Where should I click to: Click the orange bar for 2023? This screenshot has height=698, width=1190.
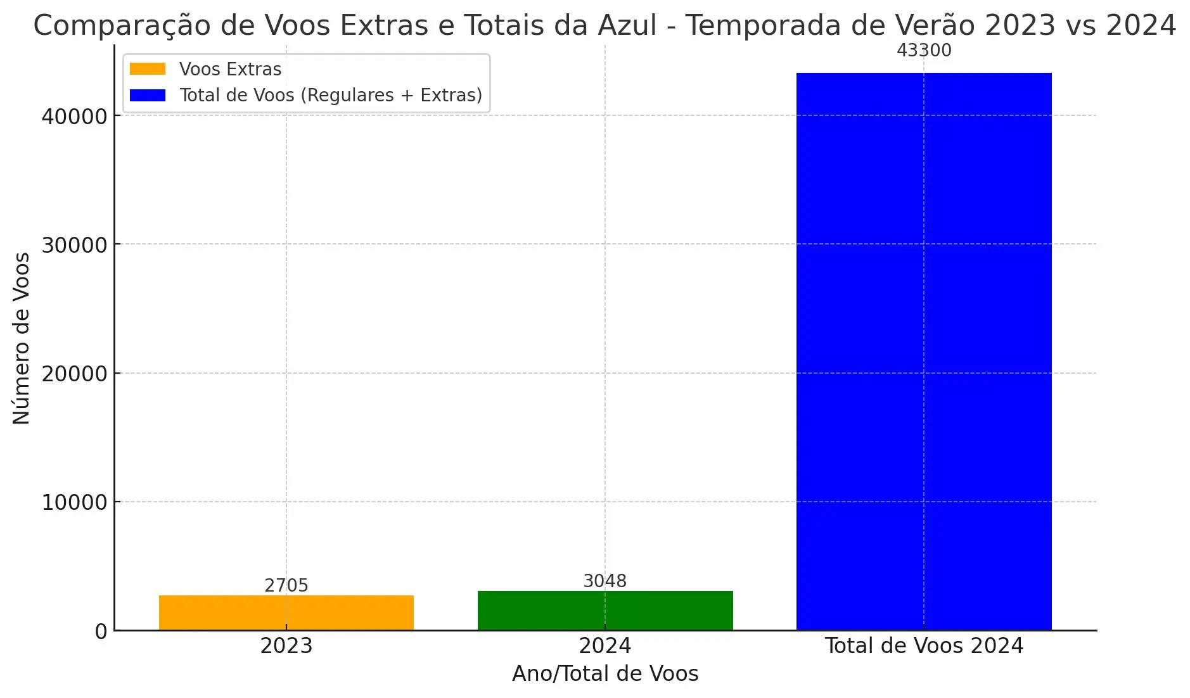tap(286, 612)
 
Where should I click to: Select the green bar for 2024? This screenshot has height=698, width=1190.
tap(605, 611)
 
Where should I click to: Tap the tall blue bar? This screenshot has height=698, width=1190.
tap(924, 352)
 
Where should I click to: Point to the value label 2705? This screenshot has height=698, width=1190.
tap(286, 585)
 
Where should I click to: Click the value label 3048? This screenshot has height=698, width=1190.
tap(605, 581)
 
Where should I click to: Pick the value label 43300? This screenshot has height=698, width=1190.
tap(924, 50)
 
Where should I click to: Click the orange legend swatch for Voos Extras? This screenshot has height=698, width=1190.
tap(148, 69)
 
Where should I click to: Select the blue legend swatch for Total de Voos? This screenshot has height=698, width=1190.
tap(148, 95)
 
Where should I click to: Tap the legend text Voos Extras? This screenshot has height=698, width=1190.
tap(230, 69)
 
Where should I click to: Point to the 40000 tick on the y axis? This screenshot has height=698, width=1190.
tap(74, 117)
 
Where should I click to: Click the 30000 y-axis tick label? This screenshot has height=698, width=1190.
tap(74, 245)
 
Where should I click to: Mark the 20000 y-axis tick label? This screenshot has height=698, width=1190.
tap(74, 374)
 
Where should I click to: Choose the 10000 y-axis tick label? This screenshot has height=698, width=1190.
tap(74, 503)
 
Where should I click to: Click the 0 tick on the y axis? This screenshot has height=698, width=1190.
tap(101, 631)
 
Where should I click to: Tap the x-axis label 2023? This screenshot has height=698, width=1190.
tap(286, 645)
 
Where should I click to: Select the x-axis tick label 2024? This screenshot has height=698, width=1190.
tap(605, 645)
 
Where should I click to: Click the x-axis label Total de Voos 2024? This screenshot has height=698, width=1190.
tap(924, 645)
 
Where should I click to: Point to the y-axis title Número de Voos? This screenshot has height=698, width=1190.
tap(22, 338)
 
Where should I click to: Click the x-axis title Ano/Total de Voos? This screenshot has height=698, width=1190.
tap(605, 673)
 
